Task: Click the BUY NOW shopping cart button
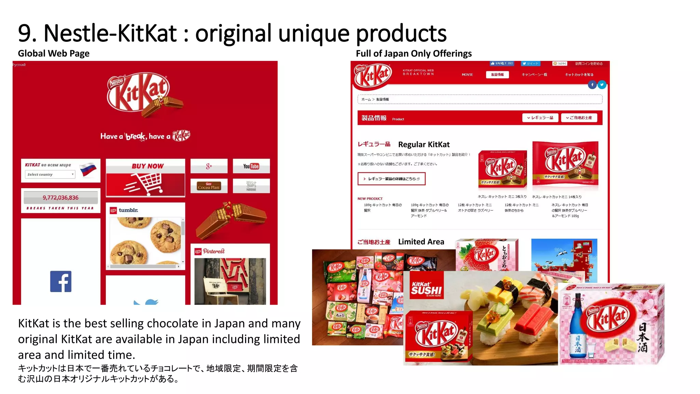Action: point(145,178)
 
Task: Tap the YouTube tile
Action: point(251,166)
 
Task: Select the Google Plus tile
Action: point(209,166)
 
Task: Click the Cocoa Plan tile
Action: point(209,186)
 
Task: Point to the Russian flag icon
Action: point(88,169)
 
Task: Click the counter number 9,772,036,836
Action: point(60,198)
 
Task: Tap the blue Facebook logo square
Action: point(61,281)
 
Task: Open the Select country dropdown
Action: point(50,174)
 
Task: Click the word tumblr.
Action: point(129,210)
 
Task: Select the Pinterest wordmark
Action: point(214,251)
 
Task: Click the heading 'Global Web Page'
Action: point(54,53)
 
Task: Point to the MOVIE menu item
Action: point(467,75)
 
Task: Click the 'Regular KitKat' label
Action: point(424,144)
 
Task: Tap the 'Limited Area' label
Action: point(421,242)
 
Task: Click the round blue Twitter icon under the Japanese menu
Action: point(602,84)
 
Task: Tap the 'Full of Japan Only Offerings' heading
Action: point(414,53)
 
